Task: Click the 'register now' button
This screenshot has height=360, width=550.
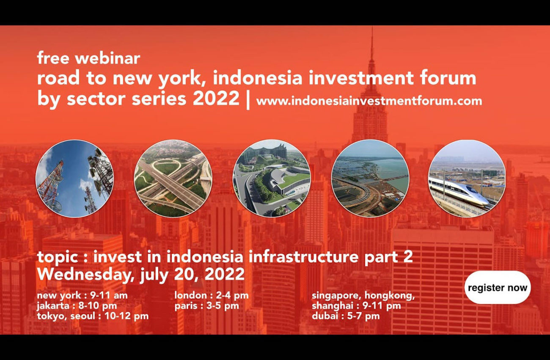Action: [498, 288]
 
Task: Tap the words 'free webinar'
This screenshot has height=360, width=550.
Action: [89, 58]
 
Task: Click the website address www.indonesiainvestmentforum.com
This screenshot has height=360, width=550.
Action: [369, 101]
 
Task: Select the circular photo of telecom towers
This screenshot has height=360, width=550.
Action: [74, 179]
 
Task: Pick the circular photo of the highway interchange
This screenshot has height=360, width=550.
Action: [173, 179]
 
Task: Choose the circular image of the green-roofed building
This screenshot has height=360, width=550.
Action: [272, 179]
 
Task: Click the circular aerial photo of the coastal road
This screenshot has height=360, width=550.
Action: [370, 179]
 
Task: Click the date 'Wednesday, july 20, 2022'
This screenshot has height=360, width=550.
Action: [141, 275]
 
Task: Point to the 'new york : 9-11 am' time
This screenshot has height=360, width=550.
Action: [82, 295]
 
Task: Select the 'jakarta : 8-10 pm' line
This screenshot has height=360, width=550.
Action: [77, 306]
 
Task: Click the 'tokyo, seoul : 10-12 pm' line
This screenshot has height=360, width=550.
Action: [93, 316]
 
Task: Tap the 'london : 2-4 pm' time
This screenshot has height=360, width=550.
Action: [212, 295]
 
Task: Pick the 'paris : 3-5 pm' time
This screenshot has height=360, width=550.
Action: [207, 306]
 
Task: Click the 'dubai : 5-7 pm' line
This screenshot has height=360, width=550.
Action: [346, 316]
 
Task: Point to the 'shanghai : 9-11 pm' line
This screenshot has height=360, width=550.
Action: [356, 306]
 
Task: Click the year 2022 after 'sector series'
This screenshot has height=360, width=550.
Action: [216, 98]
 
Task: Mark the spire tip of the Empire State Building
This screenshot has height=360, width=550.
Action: [372, 27]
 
